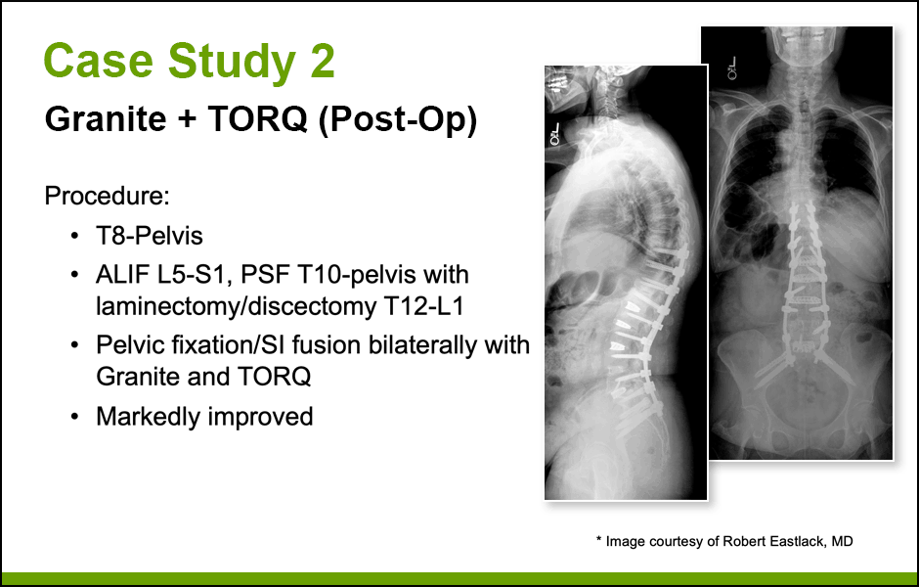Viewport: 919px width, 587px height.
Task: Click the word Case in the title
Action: (99, 61)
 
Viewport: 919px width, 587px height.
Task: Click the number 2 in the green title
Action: (323, 61)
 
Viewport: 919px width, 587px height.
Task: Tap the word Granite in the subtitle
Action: (106, 119)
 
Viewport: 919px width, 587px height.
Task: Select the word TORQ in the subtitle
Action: (257, 119)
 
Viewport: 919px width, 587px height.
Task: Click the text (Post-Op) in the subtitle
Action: (398, 120)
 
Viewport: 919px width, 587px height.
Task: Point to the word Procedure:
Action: (108, 196)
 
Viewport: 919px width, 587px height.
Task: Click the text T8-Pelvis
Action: (150, 236)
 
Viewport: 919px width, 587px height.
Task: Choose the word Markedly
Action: (149, 417)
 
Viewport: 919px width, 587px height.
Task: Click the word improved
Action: (261, 418)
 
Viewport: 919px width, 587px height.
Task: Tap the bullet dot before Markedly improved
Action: (74, 417)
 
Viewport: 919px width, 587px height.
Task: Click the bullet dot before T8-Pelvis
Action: (74, 237)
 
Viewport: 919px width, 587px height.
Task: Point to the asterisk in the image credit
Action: (599, 539)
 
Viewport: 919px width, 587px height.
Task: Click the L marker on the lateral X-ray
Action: (554, 135)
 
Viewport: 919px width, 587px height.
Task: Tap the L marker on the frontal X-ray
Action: (731, 68)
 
